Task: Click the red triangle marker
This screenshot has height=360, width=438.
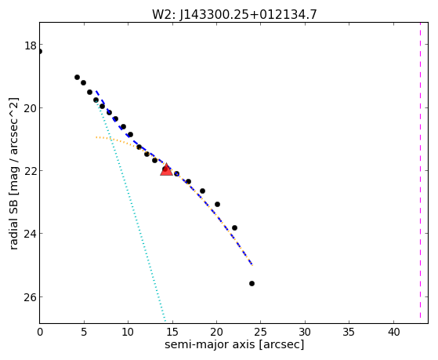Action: (166, 169)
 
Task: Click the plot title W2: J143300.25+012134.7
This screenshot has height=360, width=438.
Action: (234, 14)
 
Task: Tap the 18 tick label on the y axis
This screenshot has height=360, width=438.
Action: (31, 45)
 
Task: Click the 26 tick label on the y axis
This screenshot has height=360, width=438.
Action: (31, 296)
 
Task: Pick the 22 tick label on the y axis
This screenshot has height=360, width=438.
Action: (31, 171)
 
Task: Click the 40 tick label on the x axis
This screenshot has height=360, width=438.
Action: (393, 332)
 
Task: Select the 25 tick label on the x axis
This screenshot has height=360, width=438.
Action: (261, 332)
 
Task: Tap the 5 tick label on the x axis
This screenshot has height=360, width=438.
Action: (84, 332)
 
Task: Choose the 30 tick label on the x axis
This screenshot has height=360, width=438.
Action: (305, 332)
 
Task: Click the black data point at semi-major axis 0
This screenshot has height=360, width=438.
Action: (40, 51)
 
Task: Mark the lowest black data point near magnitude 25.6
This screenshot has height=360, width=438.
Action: (252, 283)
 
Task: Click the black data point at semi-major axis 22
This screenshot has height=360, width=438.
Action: (234, 227)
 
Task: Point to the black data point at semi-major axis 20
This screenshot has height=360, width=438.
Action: (217, 204)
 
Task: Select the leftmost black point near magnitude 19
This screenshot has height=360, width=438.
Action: (77, 77)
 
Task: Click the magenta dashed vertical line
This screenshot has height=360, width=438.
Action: (420, 170)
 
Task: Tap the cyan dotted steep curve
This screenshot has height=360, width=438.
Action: (132, 209)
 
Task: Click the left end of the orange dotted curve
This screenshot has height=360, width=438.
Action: (96, 137)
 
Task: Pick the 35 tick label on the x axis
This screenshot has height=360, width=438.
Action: (349, 332)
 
